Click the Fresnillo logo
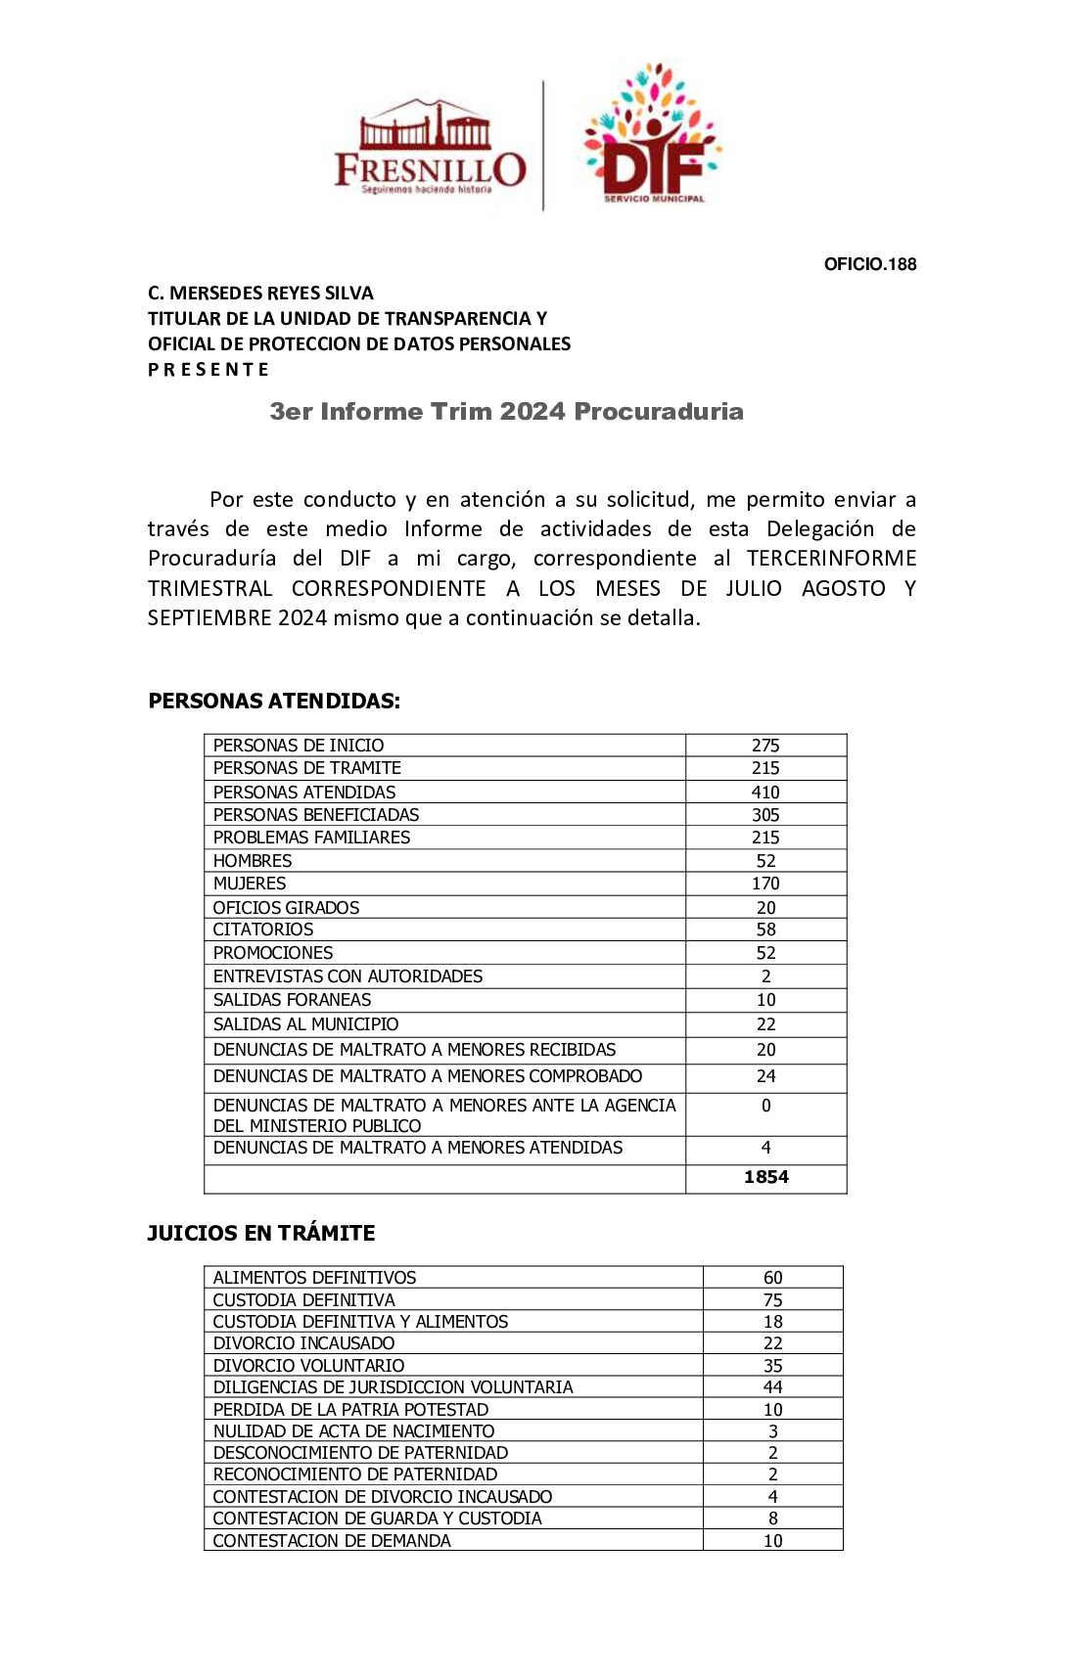click(x=430, y=148)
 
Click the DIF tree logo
click(x=653, y=135)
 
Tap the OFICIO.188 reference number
click(x=869, y=264)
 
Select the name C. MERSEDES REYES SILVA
click(x=260, y=293)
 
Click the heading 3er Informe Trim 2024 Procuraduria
click(x=506, y=411)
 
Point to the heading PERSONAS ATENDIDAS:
click(x=274, y=701)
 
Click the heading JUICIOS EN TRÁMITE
click(x=260, y=1233)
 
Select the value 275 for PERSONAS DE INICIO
click(x=765, y=746)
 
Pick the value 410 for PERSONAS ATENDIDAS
click(x=765, y=793)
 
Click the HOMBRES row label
click(x=253, y=861)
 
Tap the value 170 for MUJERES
click(x=765, y=884)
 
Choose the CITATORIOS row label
click(x=263, y=930)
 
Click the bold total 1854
click(x=765, y=1177)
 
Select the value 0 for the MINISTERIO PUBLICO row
click(x=765, y=1106)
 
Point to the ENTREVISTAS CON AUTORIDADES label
click(x=347, y=976)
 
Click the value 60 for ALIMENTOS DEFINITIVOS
click(x=772, y=1278)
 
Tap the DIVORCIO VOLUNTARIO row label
click(x=308, y=1366)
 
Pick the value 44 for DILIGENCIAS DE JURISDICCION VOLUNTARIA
click(x=772, y=1387)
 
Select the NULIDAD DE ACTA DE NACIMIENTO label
click(x=353, y=1431)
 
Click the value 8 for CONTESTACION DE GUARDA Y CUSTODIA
click(x=772, y=1519)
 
